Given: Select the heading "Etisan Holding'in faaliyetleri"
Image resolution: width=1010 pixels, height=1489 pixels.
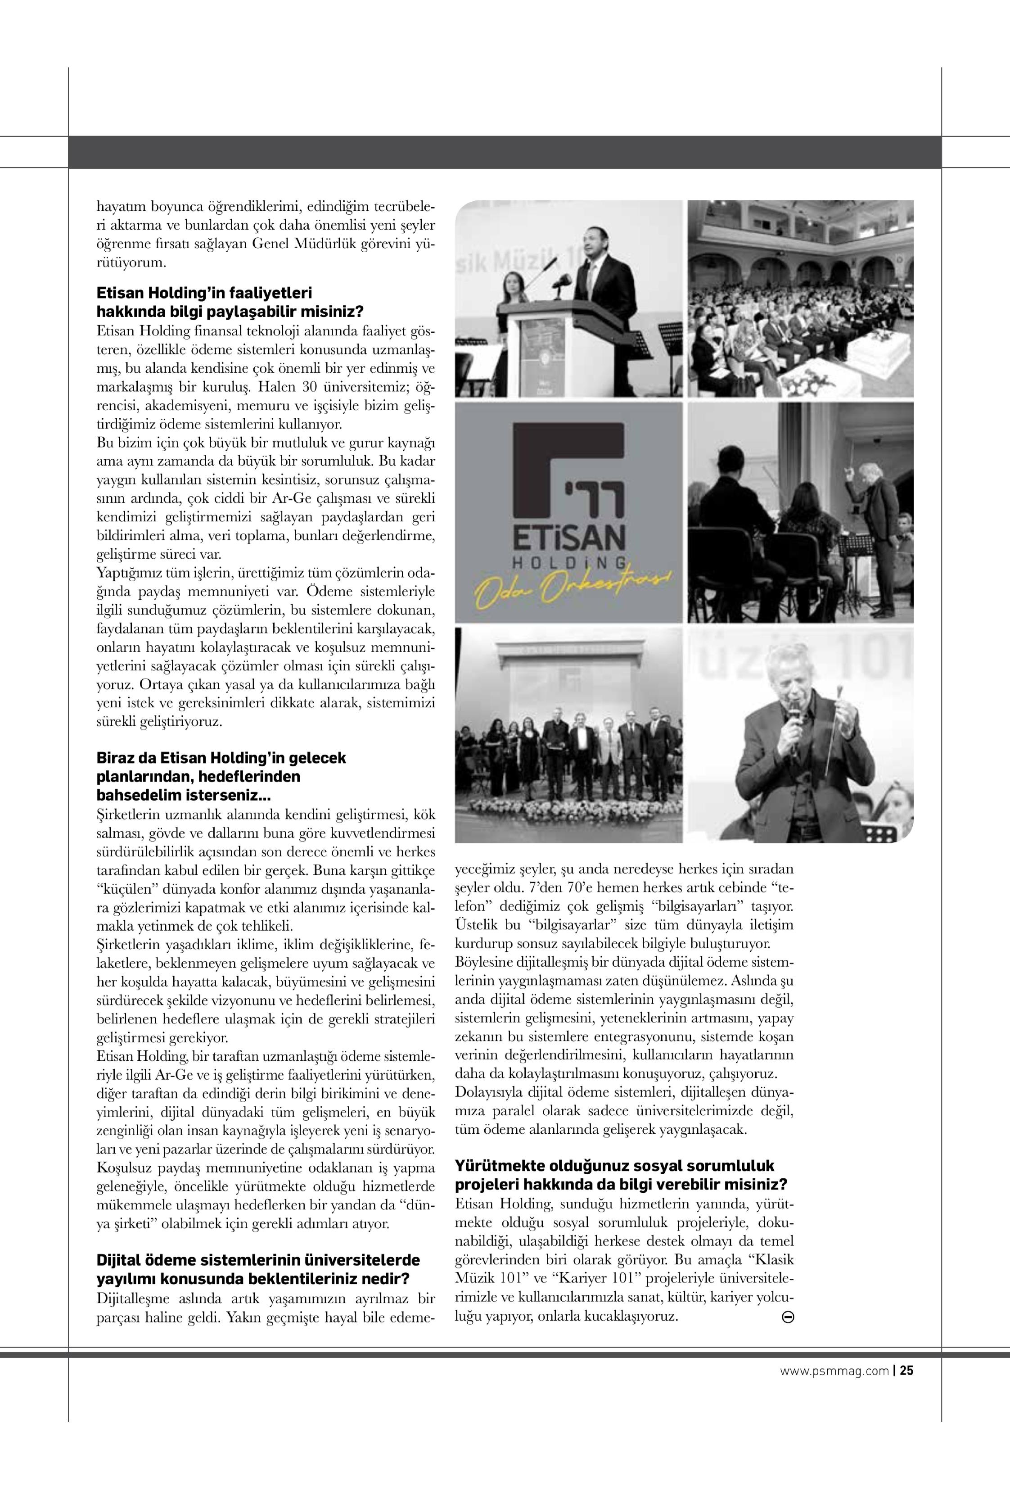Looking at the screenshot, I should click(203, 294).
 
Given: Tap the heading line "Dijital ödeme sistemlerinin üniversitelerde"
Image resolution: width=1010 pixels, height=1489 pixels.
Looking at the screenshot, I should click(258, 1260).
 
